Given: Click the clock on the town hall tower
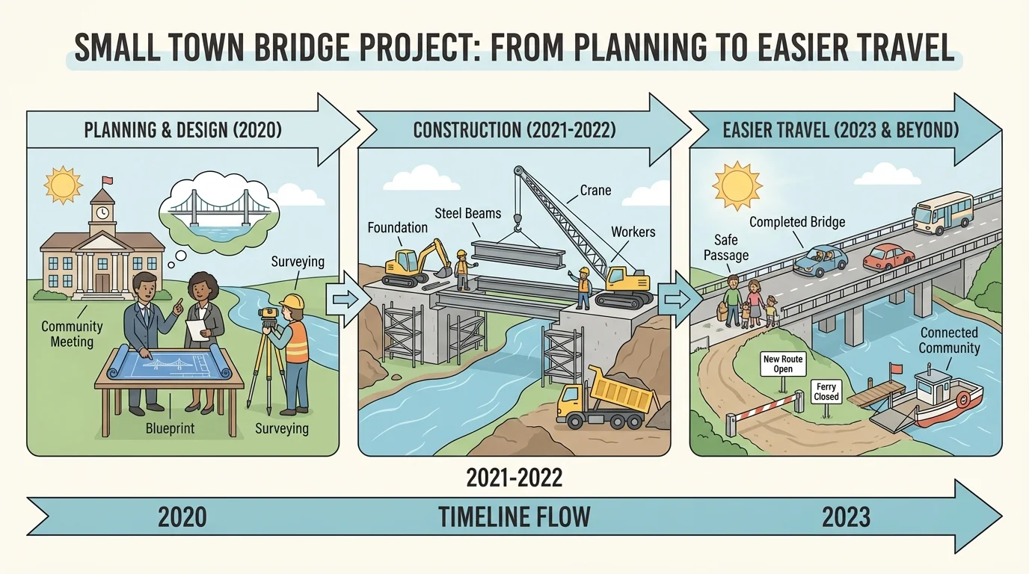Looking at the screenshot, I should point(102,212).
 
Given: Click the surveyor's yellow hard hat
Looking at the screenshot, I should point(291,302).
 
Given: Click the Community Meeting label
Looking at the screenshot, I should point(72,334).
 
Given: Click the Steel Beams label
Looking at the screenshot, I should point(468,214).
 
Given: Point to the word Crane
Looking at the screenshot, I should point(595,190).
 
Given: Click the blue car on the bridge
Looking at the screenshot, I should point(820,259).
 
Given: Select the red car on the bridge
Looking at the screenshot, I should point(888,256).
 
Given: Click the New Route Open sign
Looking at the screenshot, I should point(783,365).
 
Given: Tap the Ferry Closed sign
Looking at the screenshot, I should point(827,391).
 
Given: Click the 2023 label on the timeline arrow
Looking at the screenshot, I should point(846,516).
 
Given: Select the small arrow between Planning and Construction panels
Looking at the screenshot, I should point(343,299).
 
